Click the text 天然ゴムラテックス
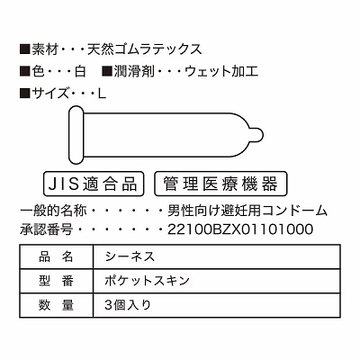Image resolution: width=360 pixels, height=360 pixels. tap(145, 49)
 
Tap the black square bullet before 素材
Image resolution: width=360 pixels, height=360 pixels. tap(25, 49)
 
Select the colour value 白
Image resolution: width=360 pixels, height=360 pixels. tap(79, 72)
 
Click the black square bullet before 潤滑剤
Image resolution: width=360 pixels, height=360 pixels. tap(107, 72)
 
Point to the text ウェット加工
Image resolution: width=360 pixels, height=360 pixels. tap(221, 72)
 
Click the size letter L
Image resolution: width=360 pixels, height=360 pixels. tap(102, 94)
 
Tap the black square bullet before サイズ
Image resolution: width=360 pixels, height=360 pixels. tap(25, 94)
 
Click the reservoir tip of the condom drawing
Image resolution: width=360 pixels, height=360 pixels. tap(256, 135)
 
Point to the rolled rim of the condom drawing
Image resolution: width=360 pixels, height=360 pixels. tap(76, 135)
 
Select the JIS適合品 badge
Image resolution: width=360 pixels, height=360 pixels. tap(94, 184)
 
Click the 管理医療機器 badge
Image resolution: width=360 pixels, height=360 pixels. tap(220, 184)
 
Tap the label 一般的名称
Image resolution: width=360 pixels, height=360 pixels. tap(53, 211)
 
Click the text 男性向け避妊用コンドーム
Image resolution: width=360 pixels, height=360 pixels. tap(247, 211)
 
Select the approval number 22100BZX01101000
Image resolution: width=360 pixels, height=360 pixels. tap(240, 229)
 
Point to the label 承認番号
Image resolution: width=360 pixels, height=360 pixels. tap(47, 229)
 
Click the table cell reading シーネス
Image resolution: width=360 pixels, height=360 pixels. tap(217, 256)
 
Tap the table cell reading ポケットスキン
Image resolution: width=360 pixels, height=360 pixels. tap(217, 281)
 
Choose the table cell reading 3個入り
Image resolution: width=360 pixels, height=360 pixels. tap(217, 305)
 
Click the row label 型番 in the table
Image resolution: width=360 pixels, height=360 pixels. tap(56, 281)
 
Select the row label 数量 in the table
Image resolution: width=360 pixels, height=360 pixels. tap(56, 305)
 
